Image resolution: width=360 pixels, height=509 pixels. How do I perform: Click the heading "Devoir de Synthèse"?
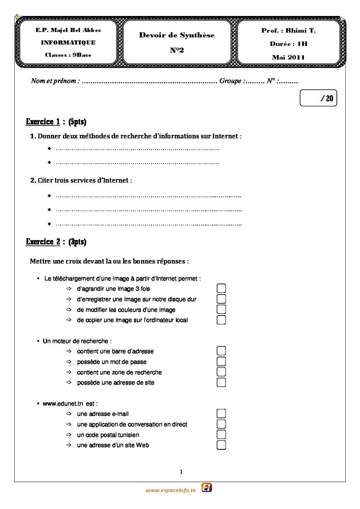(x=177, y=35)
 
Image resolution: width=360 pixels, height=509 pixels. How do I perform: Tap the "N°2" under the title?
(x=177, y=50)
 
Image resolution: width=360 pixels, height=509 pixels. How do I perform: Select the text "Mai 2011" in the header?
(x=288, y=57)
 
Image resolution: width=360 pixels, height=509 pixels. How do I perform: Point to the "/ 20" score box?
(x=318, y=98)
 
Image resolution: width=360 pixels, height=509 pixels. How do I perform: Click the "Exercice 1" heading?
(x=43, y=122)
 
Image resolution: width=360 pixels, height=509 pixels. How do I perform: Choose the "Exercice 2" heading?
(x=43, y=242)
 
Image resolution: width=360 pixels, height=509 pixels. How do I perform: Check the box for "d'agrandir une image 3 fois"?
(x=221, y=288)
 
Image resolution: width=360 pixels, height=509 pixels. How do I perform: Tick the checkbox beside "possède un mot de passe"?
(x=221, y=361)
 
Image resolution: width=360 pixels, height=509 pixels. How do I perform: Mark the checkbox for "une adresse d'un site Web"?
(x=221, y=445)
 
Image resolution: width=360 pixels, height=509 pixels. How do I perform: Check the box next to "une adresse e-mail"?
(x=221, y=413)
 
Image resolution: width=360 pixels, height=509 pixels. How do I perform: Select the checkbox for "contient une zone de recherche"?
(x=221, y=372)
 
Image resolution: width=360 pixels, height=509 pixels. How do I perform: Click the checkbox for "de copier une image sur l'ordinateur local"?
(x=221, y=320)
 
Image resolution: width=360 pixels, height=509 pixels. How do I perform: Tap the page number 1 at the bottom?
(x=181, y=472)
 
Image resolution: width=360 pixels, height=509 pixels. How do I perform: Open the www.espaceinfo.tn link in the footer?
(x=171, y=490)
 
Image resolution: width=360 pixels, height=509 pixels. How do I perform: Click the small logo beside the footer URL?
(x=207, y=488)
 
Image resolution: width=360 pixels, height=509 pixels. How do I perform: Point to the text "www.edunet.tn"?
(x=63, y=404)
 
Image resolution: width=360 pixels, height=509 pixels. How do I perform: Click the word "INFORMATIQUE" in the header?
(x=68, y=43)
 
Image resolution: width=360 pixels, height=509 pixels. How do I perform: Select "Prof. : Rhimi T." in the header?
(x=288, y=31)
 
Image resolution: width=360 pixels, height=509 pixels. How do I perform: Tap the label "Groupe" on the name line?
(x=230, y=81)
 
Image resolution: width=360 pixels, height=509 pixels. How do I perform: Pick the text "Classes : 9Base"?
(x=68, y=55)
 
